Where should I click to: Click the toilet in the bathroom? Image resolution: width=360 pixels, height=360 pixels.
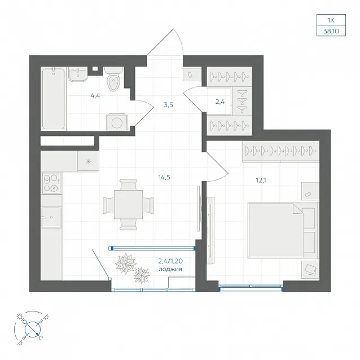(x=113, y=78)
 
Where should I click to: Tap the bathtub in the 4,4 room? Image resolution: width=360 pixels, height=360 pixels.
(x=54, y=99)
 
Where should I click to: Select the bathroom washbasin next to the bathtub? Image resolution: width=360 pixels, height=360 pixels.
(x=78, y=74)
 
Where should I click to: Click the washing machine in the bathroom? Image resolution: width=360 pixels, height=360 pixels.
(x=117, y=122)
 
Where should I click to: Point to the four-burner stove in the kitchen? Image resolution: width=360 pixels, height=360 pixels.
(x=51, y=183)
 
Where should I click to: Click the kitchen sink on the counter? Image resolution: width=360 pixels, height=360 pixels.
(x=51, y=217)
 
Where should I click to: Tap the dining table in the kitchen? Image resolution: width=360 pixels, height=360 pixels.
(x=128, y=204)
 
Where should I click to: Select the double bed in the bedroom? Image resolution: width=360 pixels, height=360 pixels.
(x=283, y=230)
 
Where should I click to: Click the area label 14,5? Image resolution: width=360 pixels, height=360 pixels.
(x=164, y=177)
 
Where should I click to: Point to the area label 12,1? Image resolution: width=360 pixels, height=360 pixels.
(x=261, y=180)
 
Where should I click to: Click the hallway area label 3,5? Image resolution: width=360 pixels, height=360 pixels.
(x=168, y=105)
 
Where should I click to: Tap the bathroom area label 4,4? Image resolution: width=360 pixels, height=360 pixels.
(x=95, y=96)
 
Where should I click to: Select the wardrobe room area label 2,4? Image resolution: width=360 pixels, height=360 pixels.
(x=220, y=102)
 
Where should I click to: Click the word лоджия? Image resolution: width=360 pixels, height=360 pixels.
(x=170, y=269)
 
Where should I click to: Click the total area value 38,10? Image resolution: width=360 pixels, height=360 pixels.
(x=331, y=31)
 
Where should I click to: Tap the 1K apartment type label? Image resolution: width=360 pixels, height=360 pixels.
(x=331, y=20)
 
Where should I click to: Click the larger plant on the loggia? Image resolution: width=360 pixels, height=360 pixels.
(x=126, y=264)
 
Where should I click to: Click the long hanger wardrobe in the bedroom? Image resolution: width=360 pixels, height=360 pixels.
(x=280, y=152)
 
